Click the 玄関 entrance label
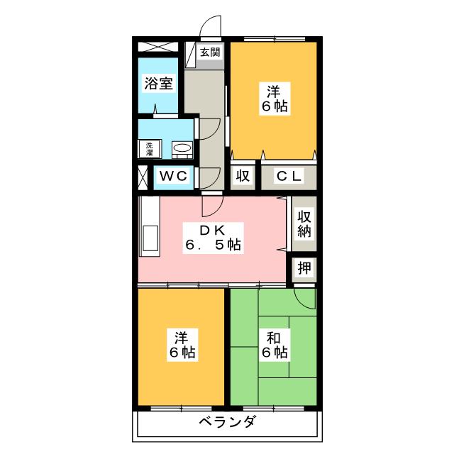tap(209, 52)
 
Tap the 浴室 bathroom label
tap(157, 83)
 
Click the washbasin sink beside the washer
tap(182, 148)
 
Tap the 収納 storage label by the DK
tap(304, 224)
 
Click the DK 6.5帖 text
tap(213, 238)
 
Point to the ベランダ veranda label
tap(226, 423)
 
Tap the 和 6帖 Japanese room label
tap(273, 343)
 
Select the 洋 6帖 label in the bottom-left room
tap(182, 343)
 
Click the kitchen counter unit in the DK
tap(149, 227)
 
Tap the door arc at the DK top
tap(211, 206)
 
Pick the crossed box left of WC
tap(143, 176)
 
